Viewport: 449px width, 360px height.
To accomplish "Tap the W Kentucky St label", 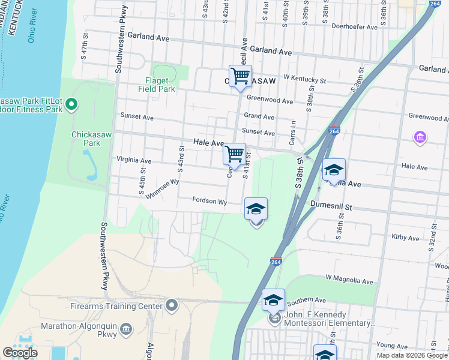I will [304, 79].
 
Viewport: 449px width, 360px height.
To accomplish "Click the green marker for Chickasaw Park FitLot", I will [71, 105].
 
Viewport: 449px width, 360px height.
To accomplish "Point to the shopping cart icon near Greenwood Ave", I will [240, 76].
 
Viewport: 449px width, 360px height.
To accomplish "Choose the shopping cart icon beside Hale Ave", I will [234, 154].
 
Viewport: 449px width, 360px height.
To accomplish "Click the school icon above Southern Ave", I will [273, 299].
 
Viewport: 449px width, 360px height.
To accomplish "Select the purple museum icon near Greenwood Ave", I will [420, 138].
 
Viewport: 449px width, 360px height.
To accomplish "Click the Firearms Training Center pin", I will [173, 306].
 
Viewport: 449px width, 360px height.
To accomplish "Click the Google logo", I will [20, 353].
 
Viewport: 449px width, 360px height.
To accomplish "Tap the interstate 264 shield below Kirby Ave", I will [276, 262].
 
